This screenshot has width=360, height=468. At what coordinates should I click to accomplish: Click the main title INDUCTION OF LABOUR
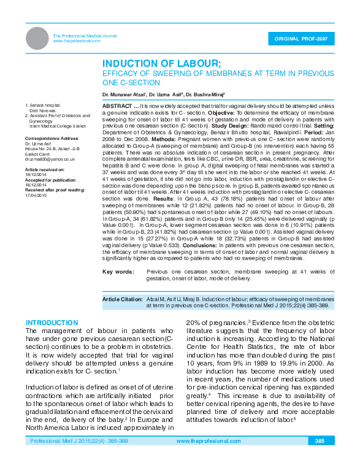coord(161,64)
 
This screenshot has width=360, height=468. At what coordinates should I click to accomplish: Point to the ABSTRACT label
coord(116,106)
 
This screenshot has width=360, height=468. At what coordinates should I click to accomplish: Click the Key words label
coord(118,271)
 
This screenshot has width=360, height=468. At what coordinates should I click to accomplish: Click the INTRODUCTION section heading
coord(52,323)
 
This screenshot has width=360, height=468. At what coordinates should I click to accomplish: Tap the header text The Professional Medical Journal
coord(85,36)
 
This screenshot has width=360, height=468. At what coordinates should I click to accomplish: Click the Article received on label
coord(44,169)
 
